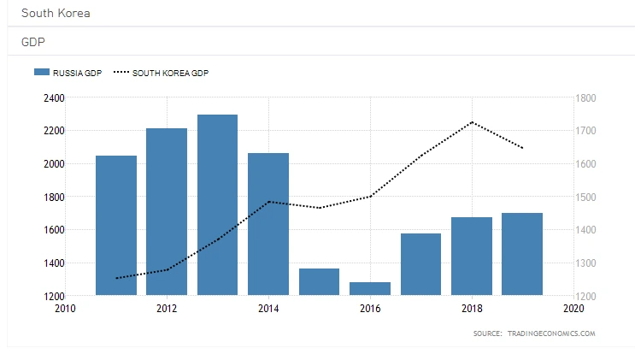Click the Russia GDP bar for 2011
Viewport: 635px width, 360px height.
116,226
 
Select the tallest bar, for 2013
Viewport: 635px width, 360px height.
217,205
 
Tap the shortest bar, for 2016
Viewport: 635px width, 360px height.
370,289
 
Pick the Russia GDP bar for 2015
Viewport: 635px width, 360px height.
319,282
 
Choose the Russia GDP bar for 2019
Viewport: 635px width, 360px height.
522,254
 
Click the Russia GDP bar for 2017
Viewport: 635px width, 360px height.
420,264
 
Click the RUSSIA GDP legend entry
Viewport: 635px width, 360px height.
68,74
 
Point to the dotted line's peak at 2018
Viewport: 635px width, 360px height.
472,122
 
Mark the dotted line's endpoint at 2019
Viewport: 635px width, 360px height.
522,148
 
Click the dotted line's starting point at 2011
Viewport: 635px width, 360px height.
116,278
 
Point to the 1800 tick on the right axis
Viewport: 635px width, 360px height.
590,97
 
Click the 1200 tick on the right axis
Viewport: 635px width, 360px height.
590,296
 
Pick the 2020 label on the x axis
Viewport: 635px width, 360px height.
573,308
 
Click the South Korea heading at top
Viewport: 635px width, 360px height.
55,14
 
